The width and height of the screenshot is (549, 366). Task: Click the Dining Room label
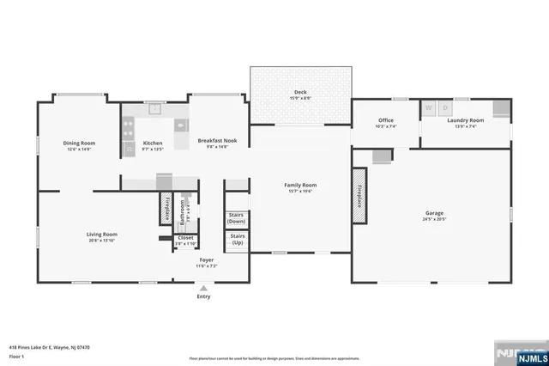[x=78, y=143]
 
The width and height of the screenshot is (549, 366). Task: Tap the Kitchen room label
[x=153, y=143]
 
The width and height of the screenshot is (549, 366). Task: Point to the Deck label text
[x=300, y=92]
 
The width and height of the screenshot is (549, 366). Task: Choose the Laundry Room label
[x=466, y=120]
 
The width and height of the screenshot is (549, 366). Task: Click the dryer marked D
[x=445, y=108]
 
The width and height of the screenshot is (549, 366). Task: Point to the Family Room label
[x=301, y=185]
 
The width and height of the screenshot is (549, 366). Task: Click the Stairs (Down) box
[x=237, y=218]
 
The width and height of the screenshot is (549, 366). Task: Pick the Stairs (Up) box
[x=237, y=239]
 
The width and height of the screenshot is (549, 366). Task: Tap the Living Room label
[x=101, y=234]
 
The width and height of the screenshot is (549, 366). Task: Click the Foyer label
[x=207, y=259]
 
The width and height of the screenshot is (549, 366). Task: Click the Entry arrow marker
[x=203, y=288]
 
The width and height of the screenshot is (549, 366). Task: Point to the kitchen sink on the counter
[x=155, y=109]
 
